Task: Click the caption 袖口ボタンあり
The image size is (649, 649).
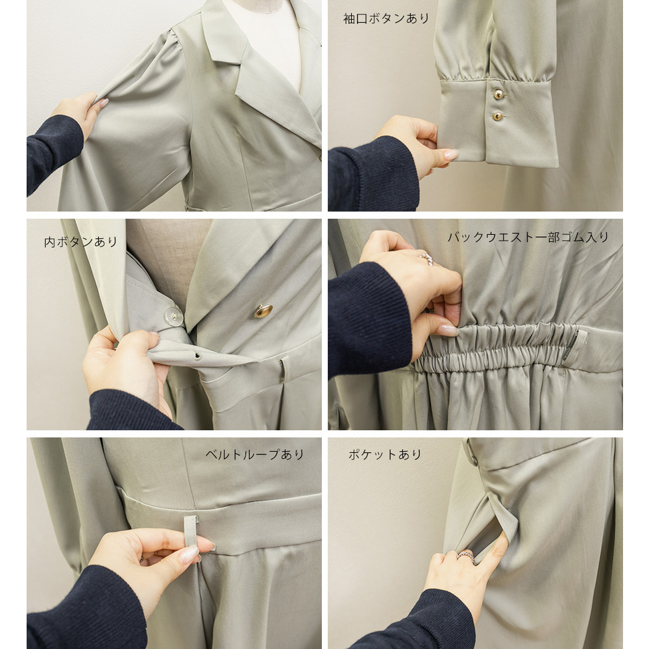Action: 386,19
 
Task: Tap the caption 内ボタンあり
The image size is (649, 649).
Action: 81,241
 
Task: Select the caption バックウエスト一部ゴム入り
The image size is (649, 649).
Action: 528,237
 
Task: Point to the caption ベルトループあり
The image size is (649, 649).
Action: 255,454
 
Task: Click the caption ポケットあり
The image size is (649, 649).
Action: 385,454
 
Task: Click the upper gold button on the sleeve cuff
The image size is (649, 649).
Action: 498,94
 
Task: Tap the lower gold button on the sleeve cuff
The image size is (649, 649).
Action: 498,116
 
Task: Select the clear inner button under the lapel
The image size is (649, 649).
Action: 174,317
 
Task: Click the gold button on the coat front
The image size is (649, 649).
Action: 263,311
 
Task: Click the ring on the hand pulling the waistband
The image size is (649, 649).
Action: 427,259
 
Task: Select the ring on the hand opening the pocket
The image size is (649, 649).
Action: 465,555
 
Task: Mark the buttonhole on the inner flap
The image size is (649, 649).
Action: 197,356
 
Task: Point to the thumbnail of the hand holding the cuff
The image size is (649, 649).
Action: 451,155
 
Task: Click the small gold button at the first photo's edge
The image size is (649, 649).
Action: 320,158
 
